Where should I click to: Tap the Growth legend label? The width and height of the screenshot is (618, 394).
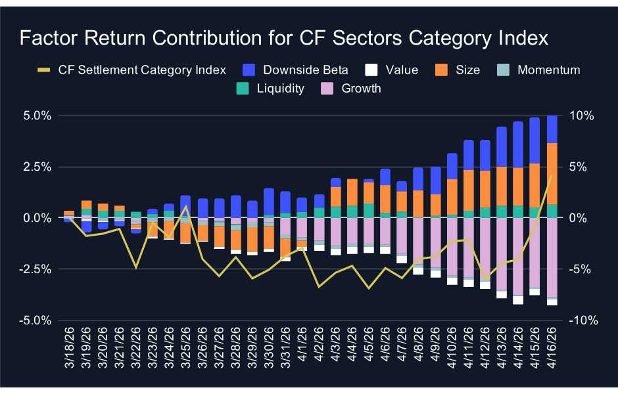[361, 88]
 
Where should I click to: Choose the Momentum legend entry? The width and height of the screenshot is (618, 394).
[548, 70]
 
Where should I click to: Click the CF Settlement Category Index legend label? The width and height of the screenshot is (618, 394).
[142, 70]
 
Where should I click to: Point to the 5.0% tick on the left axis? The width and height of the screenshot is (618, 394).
[37, 116]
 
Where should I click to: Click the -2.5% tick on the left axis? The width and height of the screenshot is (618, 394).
[36, 269]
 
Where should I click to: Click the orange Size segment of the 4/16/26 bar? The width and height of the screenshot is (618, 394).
[552, 173]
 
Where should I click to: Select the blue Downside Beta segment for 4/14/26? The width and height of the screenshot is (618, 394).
[517, 144]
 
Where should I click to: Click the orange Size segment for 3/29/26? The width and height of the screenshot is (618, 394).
[252, 240]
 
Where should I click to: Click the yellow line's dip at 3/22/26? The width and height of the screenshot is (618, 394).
[136, 267]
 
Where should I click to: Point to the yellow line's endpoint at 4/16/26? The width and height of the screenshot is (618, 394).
[552, 175]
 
